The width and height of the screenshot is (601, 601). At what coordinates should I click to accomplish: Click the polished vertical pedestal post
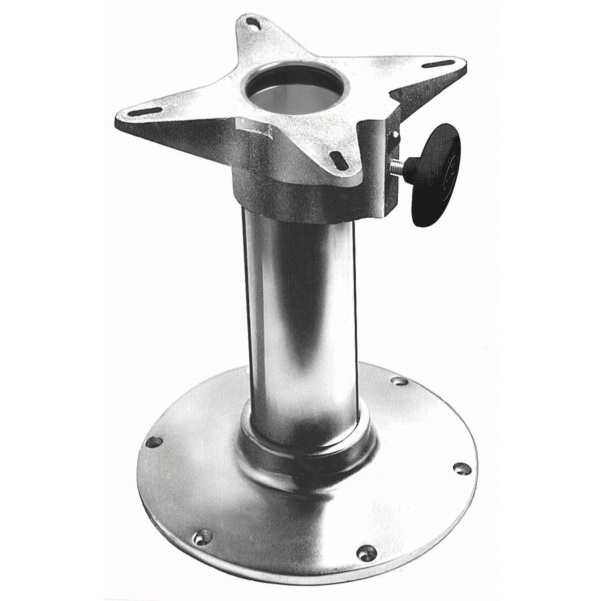(x=300, y=321)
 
